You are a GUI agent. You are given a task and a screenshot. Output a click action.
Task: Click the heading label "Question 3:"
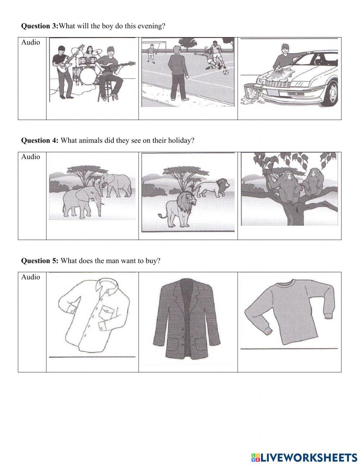click(x=39, y=26)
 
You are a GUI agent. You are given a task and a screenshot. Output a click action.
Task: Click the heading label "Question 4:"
click(x=39, y=140)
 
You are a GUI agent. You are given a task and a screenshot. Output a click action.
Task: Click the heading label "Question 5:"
click(x=39, y=261)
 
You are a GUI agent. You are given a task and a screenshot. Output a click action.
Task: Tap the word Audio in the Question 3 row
click(x=31, y=43)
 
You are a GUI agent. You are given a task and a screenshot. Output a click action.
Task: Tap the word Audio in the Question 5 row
click(x=31, y=277)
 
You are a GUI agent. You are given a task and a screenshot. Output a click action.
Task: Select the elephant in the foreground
click(x=81, y=202)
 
